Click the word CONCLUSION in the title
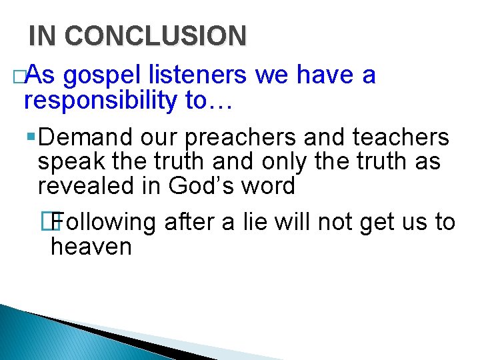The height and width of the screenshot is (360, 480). click(155, 36)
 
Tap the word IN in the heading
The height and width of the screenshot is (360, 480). click(43, 36)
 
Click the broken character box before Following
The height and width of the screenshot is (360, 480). click(55, 221)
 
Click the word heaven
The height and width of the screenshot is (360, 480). click(91, 247)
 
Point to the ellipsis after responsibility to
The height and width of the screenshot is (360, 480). click(221, 101)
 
